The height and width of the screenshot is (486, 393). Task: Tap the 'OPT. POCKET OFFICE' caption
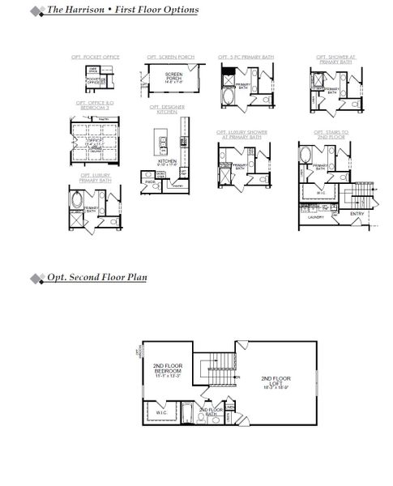pos(97,58)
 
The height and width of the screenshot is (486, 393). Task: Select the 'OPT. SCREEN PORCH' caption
pos(165,58)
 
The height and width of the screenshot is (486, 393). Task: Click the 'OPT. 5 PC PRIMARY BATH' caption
pos(246,58)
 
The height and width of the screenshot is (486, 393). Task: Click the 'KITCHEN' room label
pos(167,161)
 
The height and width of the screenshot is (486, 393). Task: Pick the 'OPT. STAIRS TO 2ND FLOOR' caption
pos(333,134)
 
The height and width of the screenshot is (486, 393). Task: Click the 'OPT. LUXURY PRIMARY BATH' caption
pos(96,177)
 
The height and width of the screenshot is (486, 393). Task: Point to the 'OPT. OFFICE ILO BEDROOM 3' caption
pos(96,105)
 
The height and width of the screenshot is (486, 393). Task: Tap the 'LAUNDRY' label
pos(316,217)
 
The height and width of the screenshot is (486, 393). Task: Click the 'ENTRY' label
pos(357,214)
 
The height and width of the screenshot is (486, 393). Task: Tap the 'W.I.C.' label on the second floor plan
pos(162,412)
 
